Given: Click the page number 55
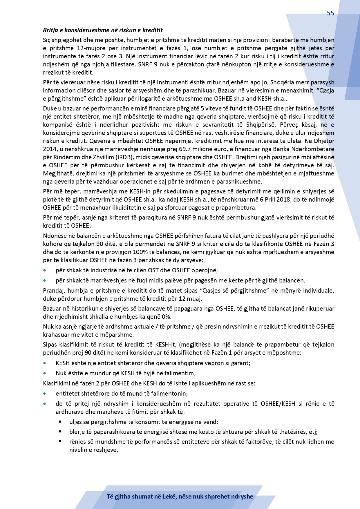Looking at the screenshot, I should click(330, 13).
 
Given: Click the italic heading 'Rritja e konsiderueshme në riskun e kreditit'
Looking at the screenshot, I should click(103, 30).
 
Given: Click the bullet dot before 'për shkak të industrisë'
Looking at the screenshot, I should click(45, 270).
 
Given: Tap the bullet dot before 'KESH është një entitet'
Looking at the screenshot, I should click(45, 363).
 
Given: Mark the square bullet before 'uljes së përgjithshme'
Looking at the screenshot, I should click(60, 422).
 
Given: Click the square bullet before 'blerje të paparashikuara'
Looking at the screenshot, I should click(60, 432).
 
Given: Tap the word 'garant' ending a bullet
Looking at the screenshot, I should click(241, 363).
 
